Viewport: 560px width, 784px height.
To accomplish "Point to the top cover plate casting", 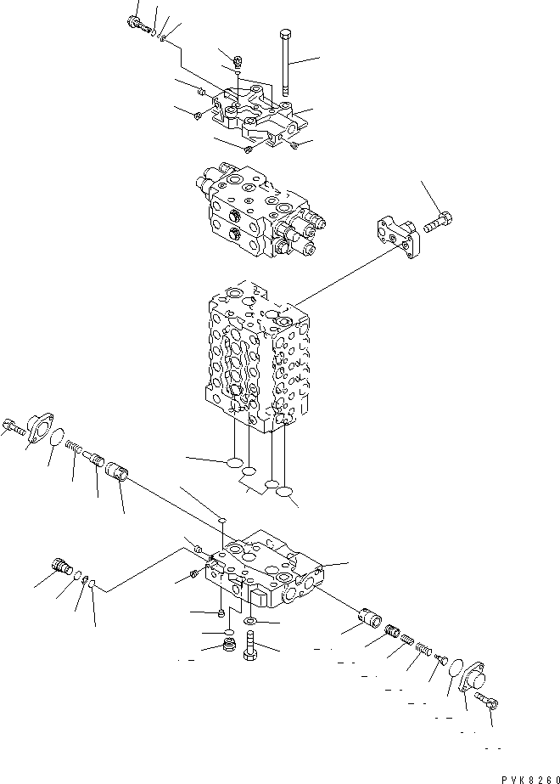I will coord(255,115).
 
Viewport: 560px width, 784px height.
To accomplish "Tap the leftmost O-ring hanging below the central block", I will coord(232,464).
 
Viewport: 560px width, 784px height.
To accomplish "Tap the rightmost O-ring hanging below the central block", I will coord(285,494).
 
